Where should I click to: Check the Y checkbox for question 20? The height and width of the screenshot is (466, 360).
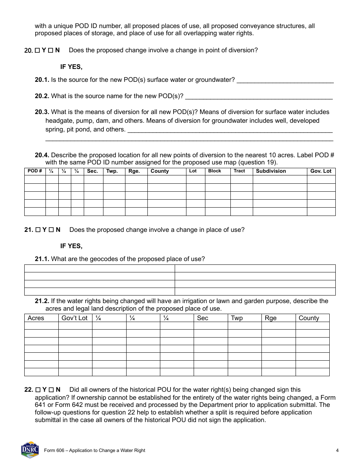coord(37,50)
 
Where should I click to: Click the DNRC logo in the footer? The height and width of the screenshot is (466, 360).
coord(30,450)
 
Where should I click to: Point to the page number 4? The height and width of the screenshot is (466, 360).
coord(337,450)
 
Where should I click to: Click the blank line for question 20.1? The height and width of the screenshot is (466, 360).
coord(285,81)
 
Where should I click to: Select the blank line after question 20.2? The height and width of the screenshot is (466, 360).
coord(259,97)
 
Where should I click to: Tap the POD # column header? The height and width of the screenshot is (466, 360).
coord(35,171)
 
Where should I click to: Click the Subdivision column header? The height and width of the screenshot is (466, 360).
coord(271,171)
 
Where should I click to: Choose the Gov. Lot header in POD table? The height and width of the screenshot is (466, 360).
coord(321,171)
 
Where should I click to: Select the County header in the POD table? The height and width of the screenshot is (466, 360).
coord(160,171)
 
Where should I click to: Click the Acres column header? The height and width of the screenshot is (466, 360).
coord(36,318)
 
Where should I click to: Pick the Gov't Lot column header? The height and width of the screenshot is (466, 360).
coord(74,318)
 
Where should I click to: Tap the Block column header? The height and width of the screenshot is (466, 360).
coord(214,171)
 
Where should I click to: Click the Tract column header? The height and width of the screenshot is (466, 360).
coord(239,171)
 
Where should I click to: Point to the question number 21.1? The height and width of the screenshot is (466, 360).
coord(42,259)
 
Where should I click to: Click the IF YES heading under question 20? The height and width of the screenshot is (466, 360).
coord(71,67)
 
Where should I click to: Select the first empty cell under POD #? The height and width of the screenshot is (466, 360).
coord(35,179)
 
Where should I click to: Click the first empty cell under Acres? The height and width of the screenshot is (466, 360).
coord(41,326)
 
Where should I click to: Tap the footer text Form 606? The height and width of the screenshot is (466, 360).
coord(94,450)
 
